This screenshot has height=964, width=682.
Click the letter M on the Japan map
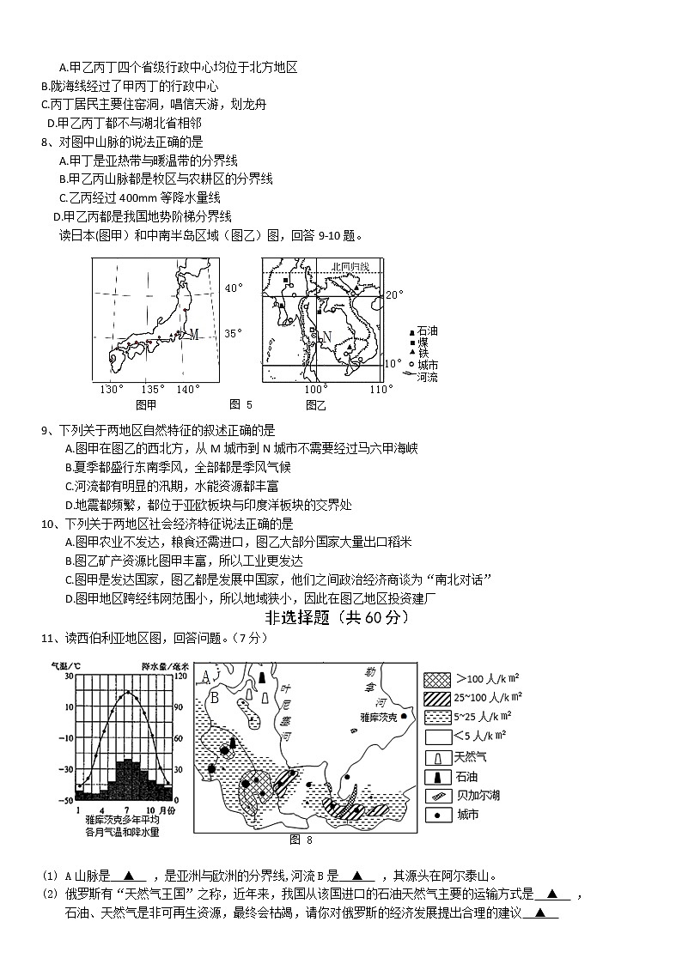[x=194, y=334]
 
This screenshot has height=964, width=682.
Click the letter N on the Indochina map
[x=326, y=336]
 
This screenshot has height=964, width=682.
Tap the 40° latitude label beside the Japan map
[x=234, y=288]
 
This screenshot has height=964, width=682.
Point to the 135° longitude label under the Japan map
[x=153, y=390]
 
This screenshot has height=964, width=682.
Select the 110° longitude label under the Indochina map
[x=381, y=390]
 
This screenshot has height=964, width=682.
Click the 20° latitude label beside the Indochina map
[x=393, y=294]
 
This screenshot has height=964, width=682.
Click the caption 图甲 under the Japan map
[x=146, y=404]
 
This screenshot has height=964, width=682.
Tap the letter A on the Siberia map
[x=205, y=676]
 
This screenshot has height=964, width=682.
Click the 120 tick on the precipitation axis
[x=180, y=676]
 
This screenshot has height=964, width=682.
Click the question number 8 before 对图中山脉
[x=44, y=142]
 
